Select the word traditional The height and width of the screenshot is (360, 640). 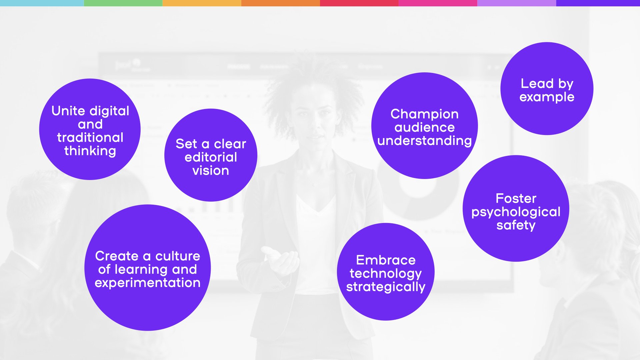pos(90,137)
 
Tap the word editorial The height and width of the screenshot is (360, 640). pos(211,157)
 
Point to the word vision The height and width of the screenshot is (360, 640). pos(211,170)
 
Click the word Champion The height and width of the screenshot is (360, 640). pos(424,114)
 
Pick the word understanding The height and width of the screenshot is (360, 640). pos(424,141)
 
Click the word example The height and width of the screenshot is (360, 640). pos(547,97)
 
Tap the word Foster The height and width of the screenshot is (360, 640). pos(516,198)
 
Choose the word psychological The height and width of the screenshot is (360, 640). pos(516,212)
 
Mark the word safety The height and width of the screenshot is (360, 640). pos(516,225)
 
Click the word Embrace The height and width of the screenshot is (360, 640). pos(386,260)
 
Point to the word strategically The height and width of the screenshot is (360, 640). pos(386,287)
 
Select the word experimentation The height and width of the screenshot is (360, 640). pos(147,283)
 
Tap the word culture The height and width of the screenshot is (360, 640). pos(178,256)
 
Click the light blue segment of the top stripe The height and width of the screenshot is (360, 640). pos(42,3)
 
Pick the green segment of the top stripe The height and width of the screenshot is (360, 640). pos(123,3)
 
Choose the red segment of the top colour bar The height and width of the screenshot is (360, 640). pos(359,3)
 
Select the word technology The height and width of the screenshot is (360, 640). pos(386,274)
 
